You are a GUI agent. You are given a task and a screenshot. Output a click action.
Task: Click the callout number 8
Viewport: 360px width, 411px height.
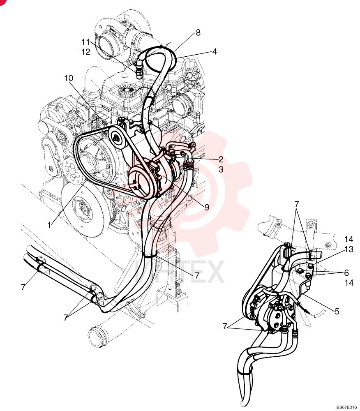click(198, 32)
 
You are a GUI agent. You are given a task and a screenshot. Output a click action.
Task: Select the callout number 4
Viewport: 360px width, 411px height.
click(215, 51)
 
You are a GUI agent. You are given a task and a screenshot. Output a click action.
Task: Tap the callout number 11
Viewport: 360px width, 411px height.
click(85, 42)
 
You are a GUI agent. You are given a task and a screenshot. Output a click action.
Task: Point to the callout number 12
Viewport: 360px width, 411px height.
click(85, 52)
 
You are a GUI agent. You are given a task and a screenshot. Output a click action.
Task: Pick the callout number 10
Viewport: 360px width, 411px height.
click(69, 78)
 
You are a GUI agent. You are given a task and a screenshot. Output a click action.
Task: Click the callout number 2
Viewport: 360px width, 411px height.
click(221, 159)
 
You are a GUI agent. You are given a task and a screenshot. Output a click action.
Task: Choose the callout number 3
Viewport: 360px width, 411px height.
click(221, 169)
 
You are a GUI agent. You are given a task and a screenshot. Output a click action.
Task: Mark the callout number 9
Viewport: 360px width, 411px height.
click(207, 207)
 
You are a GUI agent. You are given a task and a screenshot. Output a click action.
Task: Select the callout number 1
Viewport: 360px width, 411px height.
click(49, 225)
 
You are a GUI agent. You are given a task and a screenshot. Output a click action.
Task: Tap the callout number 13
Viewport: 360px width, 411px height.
click(349, 249)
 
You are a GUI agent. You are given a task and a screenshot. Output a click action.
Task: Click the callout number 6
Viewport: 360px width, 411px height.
click(346, 272)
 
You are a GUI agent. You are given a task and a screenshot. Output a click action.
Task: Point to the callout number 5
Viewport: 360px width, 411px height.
click(337, 312)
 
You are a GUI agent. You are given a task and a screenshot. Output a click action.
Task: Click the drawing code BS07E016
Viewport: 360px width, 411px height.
click(346, 407)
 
